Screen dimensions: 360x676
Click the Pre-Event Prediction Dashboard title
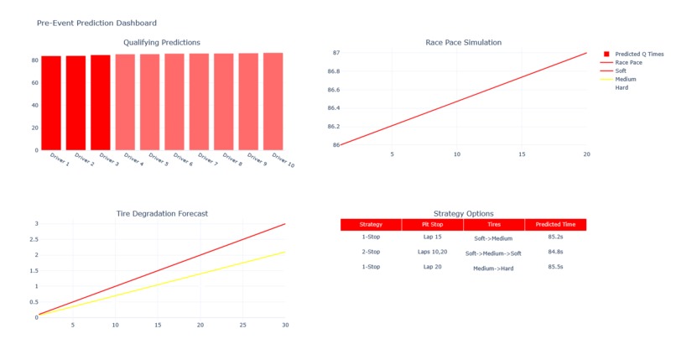point(96,23)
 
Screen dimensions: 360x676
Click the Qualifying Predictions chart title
point(162,42)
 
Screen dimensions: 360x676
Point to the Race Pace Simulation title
point(463,42)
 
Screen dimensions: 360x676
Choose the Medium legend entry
point(625,79)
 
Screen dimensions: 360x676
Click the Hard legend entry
point(621,87)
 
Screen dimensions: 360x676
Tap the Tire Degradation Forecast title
point(162,213)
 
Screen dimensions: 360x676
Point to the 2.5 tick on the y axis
point(34,239)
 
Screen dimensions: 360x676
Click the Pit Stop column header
point(432,225)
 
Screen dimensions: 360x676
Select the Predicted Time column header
point(555,225)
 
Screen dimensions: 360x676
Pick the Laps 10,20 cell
point(432,252)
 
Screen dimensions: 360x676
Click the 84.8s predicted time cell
point(555,252)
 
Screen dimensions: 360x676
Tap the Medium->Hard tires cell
point(493,268)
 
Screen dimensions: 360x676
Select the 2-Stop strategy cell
point(370,252)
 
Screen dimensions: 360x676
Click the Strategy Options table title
point(463,213)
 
